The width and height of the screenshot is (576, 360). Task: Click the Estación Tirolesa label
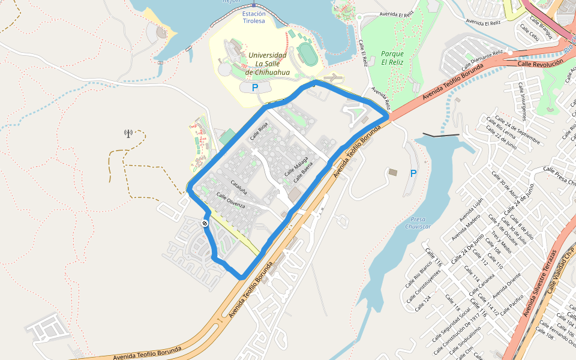254,17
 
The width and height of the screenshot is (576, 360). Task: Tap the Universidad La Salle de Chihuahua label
267,64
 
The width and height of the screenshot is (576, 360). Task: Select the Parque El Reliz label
392,58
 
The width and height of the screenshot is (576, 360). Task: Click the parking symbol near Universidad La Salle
255,88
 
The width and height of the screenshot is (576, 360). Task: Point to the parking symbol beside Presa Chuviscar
413,173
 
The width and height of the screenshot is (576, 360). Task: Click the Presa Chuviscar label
418,223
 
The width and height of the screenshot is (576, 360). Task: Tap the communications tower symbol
128,133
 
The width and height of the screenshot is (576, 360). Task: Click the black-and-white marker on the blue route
205,223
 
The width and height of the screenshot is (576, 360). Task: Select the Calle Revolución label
541,63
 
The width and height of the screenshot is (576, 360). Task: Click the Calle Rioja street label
259,131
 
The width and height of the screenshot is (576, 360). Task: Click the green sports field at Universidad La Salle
308,54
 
